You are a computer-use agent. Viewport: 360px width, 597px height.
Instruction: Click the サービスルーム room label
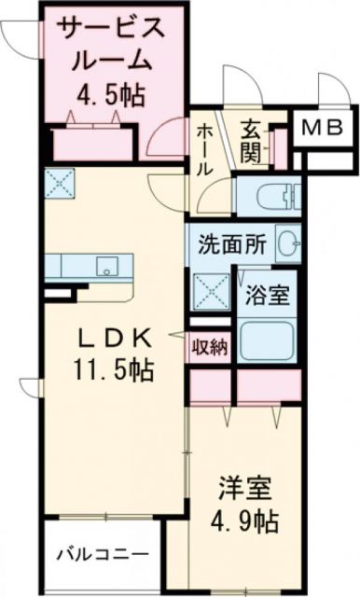pos(113,44)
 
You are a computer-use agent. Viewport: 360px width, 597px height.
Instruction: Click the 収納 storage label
pos(210,347)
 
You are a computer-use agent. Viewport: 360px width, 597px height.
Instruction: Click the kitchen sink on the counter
pos(104,265)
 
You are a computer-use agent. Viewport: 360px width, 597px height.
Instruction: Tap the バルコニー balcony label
pos(104,554)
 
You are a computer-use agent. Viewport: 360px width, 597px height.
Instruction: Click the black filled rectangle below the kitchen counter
pos(57,293)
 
